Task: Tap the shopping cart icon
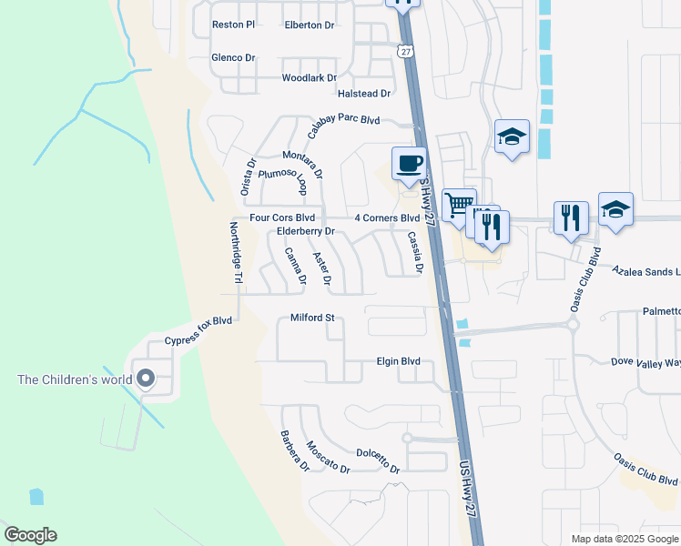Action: pos(459,204)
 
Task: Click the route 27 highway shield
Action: pos(405,51)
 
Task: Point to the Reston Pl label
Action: pos(233,25)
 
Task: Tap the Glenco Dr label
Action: pos(233,57)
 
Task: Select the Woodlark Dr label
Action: pos(310,78)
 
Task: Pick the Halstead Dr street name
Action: pos(364,94)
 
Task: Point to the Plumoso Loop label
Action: pos(281,178)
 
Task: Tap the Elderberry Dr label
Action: pos(307,232)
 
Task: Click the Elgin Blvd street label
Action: pos(398,361)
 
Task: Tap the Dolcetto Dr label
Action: pos(378,460)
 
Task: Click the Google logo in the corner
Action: pos(30,535)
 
